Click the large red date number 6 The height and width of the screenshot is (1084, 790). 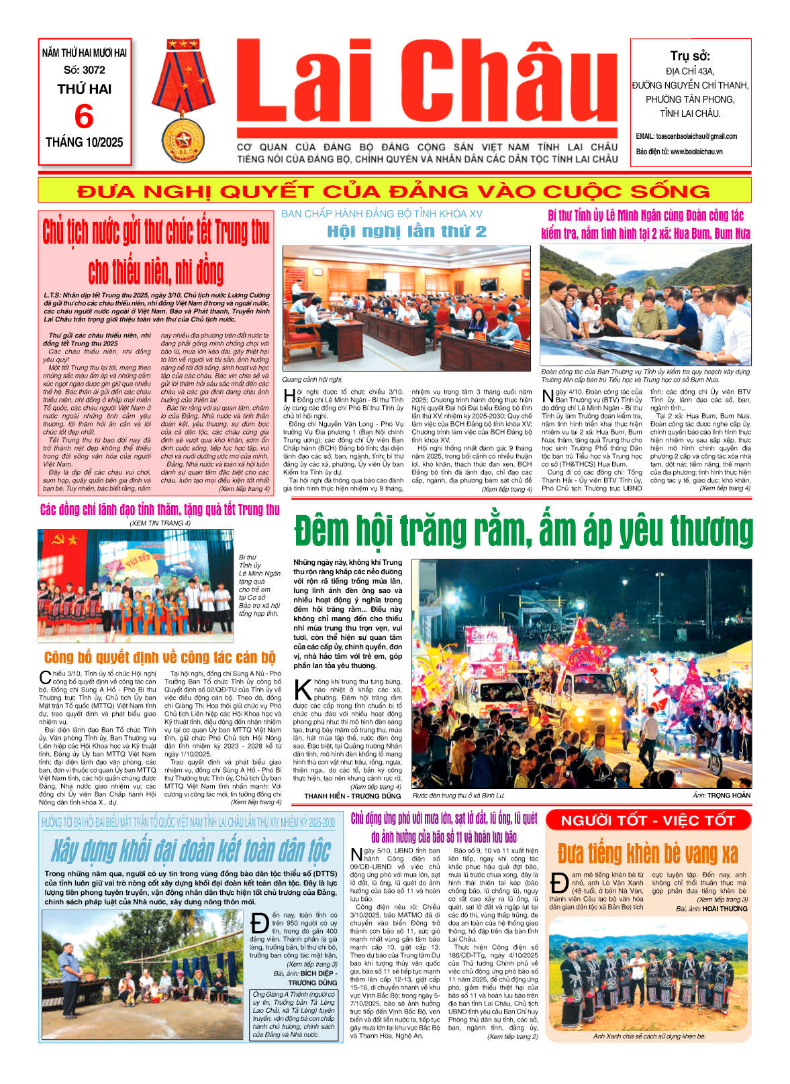[84, 117]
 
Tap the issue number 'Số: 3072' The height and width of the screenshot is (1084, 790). [85, 70]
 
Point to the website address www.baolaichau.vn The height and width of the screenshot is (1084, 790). [696, 152]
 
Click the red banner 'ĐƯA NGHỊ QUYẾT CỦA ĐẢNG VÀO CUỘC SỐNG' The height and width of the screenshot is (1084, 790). [394, 191]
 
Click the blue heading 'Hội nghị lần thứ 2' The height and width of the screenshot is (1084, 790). [406, 232]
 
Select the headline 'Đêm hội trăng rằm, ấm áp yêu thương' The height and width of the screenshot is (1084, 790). [523, 531]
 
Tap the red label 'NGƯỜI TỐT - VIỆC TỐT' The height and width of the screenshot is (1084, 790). [647, 820]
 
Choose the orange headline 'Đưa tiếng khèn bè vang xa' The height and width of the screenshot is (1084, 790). [647, 853]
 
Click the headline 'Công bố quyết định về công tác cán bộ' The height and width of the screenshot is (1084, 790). [160, 657]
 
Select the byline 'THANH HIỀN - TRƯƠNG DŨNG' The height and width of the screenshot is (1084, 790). [352, 796]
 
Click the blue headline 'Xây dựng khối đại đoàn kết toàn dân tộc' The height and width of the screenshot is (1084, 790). [191, 851]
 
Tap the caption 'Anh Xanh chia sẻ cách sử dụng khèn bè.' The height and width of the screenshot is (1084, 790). [649, 1036]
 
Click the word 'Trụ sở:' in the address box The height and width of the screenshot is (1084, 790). [689, 56]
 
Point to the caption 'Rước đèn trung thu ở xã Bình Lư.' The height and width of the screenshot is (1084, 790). [458, 796]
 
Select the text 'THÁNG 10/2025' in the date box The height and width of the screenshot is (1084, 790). [85, 142]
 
